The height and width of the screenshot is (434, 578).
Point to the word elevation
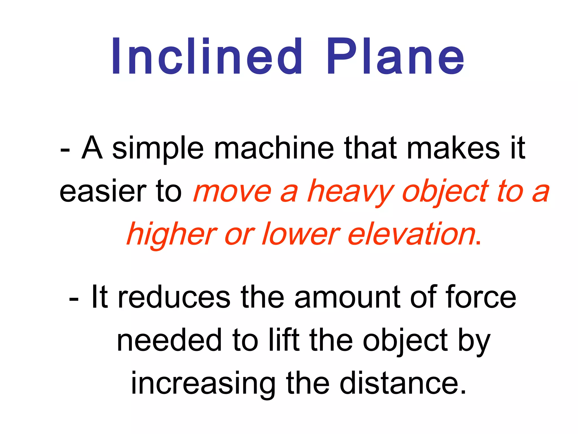412,235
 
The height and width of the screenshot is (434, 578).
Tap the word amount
347,297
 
